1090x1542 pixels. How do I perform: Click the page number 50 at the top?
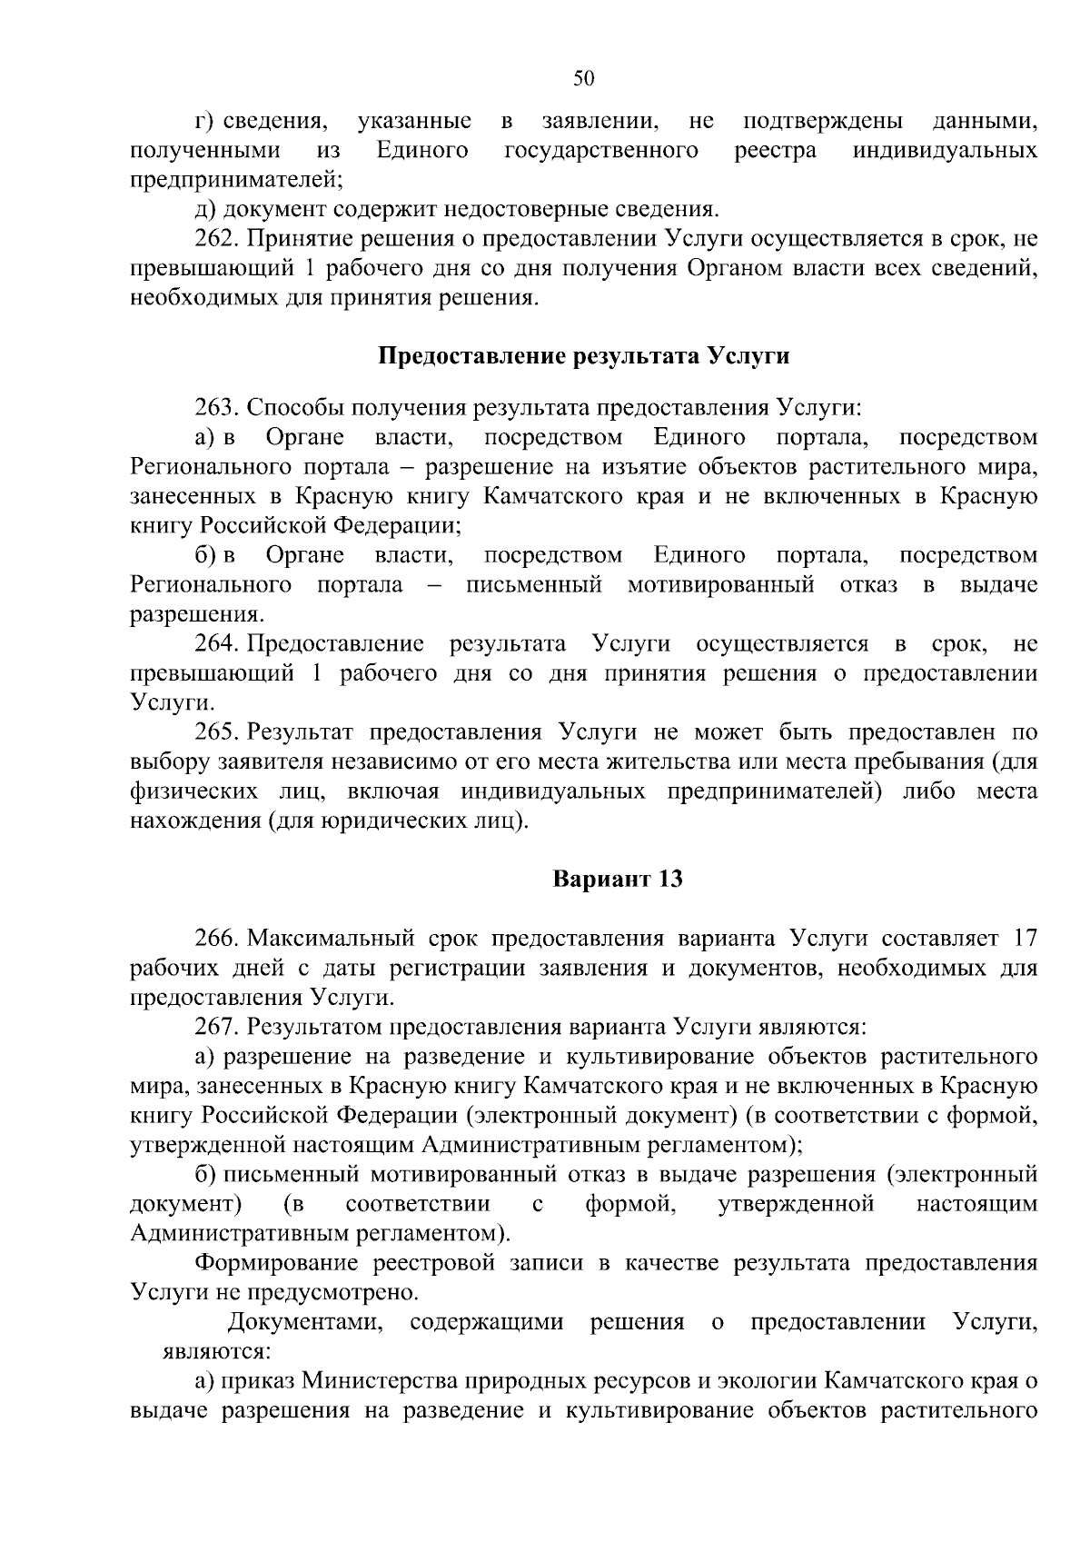pos(583,80)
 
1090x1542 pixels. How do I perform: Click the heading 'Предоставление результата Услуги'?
pos(583,355)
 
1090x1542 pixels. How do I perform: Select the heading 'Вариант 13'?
pos(618,880)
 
